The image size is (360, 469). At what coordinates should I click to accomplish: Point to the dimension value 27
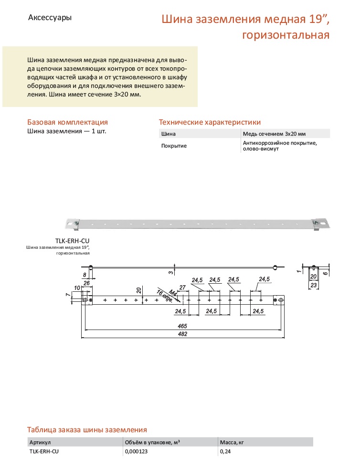tap(181, 287)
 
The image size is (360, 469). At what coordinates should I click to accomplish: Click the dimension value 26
tap(86, 283)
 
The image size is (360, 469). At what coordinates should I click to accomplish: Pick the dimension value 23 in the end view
tap(313, 285)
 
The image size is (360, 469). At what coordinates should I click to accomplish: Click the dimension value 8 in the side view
tap(85, 275)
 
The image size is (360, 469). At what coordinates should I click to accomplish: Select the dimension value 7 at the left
tap(67, 295)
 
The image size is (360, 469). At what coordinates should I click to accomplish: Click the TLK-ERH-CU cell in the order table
tap(44, 451)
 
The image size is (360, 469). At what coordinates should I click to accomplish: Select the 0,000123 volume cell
tap(137, 451)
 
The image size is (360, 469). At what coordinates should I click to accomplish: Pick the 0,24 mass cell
tap(225, 451)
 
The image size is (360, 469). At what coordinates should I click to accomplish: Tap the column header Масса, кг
tap(232, 442)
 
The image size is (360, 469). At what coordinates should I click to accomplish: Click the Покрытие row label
tap(174, 146)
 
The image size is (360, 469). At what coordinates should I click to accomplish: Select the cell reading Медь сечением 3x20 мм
tap(274, 134)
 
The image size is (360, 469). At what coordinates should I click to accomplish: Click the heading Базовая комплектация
tap(67, 122)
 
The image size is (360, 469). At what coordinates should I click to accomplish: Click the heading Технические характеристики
tap(210, 122)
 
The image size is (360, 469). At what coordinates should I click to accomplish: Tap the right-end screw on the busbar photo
tap(316, 221)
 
